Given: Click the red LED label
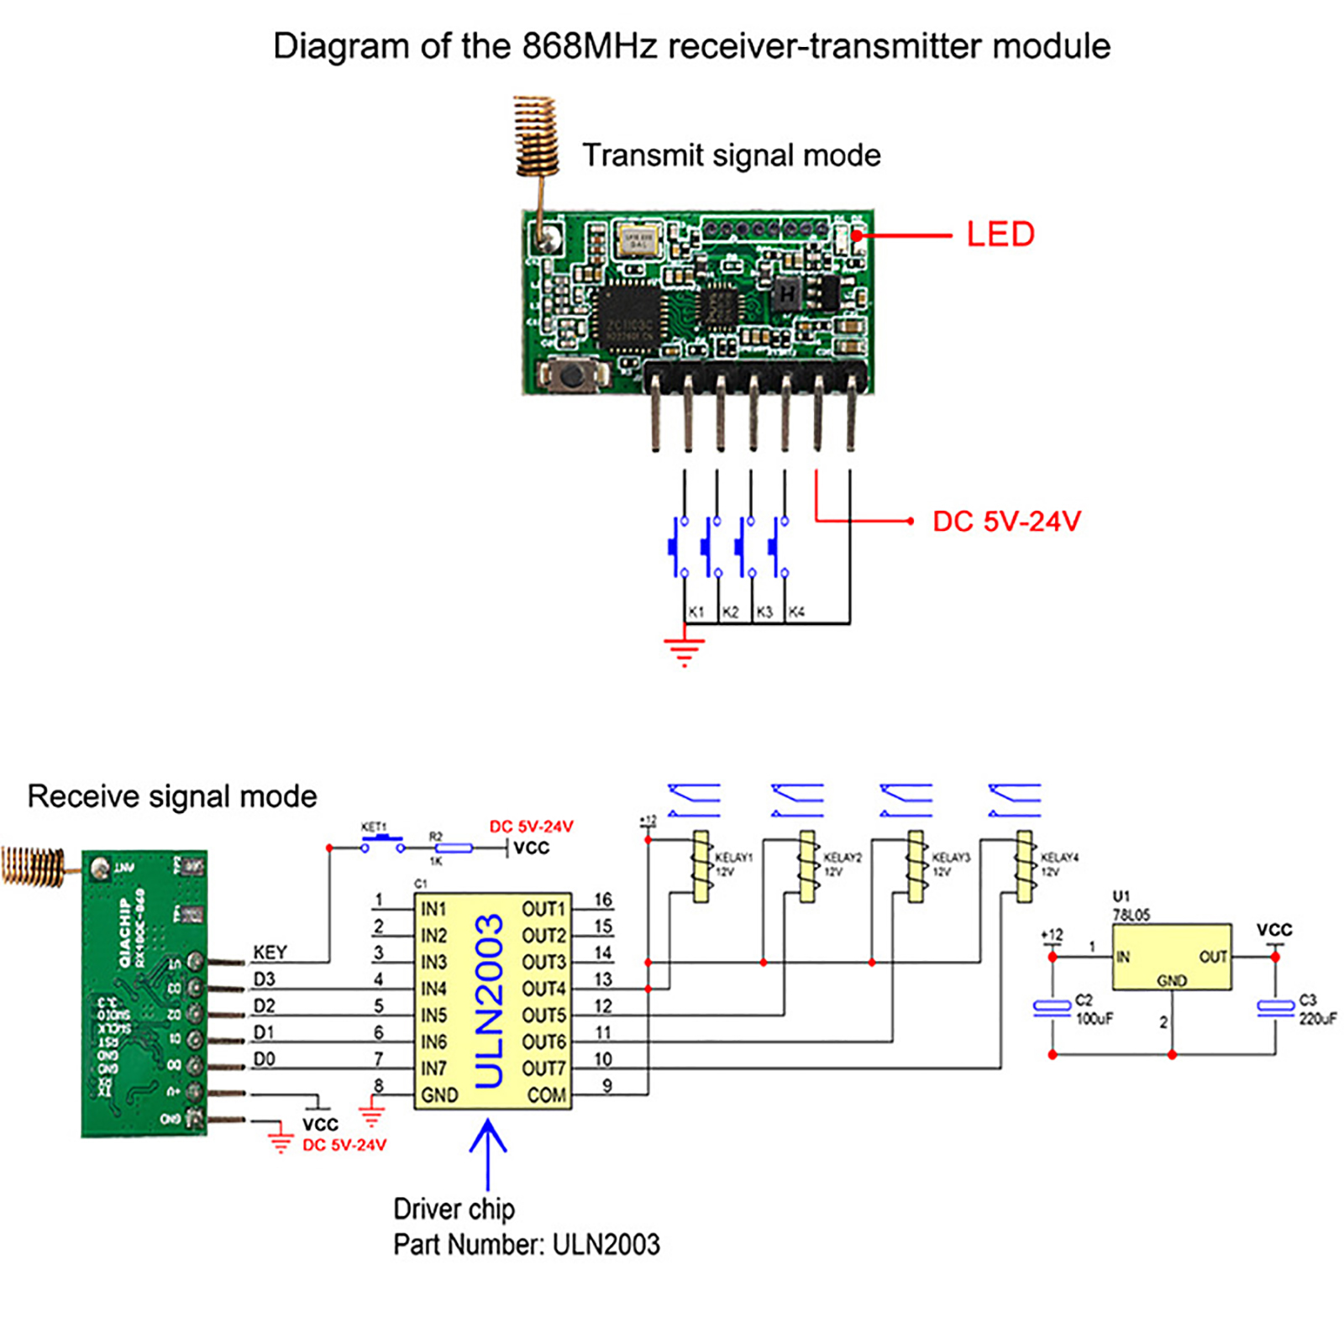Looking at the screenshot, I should click(1000, 234).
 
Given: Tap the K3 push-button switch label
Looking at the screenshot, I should click(764, 612).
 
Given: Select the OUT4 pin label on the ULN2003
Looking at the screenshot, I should click(543, 989).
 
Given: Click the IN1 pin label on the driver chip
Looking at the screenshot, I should click(433, 909).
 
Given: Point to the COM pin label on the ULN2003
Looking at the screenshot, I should click(546, 1095).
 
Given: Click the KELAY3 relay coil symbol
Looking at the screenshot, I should click(916, 867).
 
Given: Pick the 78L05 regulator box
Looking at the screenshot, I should click(1172, 957).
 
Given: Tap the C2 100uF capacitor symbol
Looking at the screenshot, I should click(1052, 1006).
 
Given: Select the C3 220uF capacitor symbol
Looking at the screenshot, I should click(1275, 1006).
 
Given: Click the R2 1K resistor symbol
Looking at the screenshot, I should click(454, 848).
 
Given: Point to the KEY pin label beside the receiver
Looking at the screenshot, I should click(270, 952).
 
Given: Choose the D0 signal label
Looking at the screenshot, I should click(264, 1059).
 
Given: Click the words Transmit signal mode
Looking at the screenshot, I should click(732, 155).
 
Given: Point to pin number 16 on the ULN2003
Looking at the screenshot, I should click(603, 900).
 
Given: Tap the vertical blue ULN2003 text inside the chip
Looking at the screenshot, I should click(489, 1000).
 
